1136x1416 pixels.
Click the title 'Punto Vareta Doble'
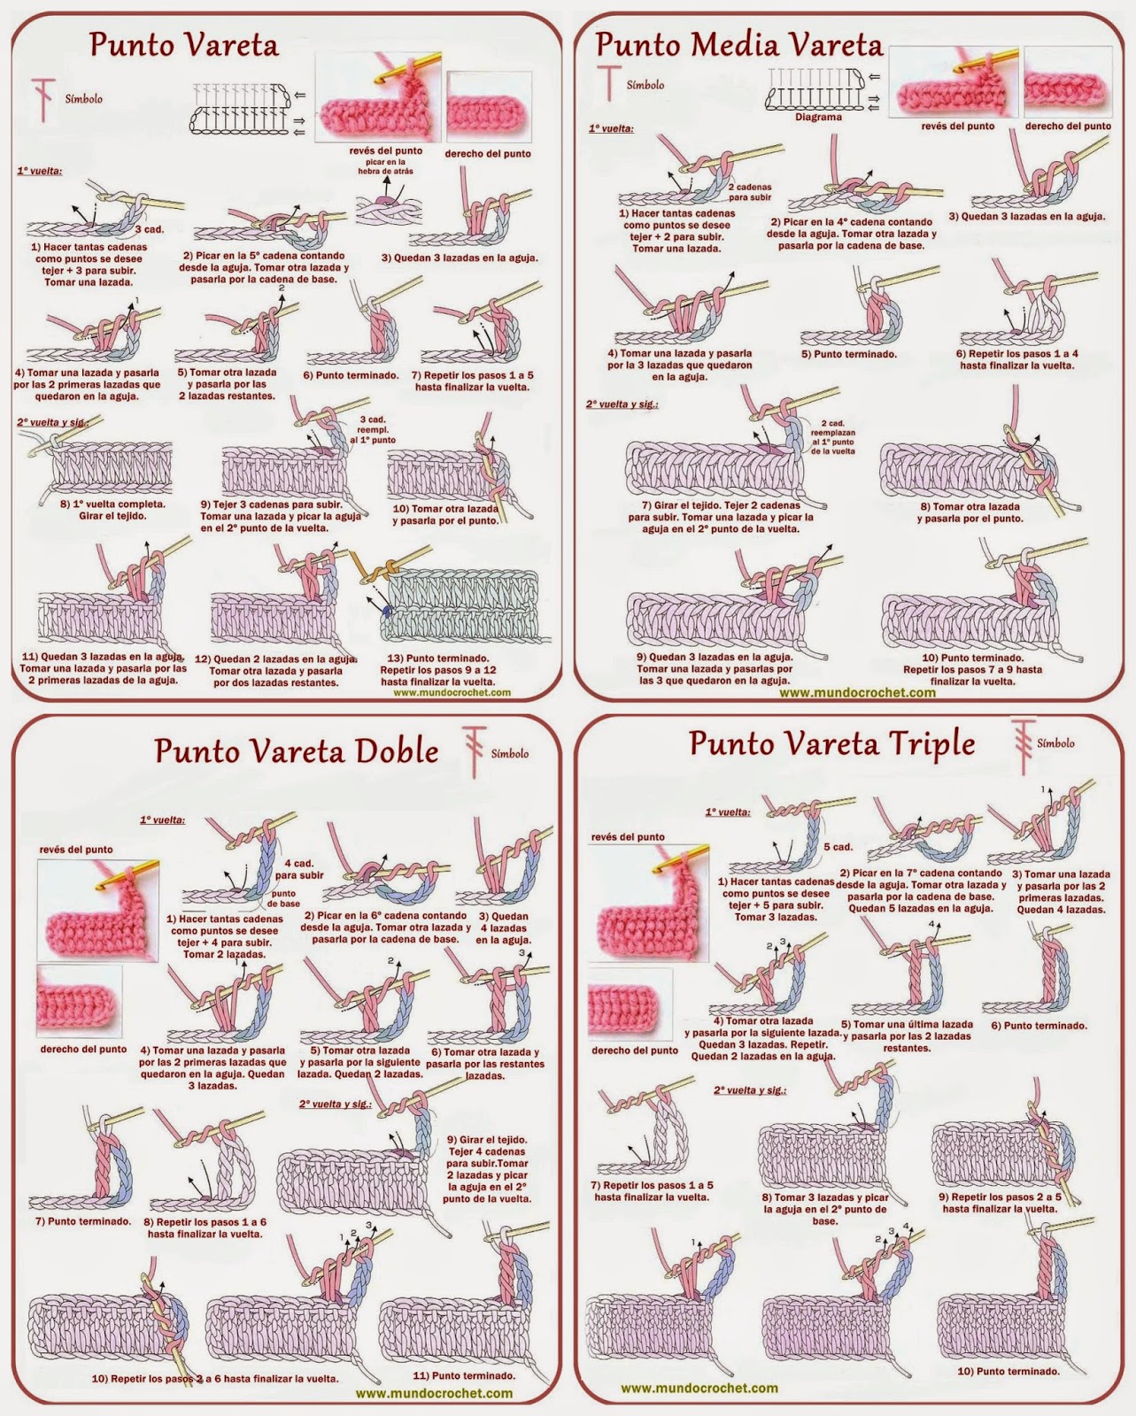tap(297, 751)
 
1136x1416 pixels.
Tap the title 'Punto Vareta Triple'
tap(831, 743)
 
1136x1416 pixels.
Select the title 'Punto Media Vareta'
tap(739, 45)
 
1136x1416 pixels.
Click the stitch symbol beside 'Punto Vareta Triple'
tap(1023, 747)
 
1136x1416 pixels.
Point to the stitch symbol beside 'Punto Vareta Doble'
tap(475, 752)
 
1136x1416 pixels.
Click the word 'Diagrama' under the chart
tap(818, 117)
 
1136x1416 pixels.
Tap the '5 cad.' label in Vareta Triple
tap(838, 847)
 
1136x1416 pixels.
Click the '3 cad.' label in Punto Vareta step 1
tap(150, 229)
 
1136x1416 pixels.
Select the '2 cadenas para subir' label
tap(749, 192)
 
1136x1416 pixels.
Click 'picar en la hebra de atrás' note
tap(385, 166)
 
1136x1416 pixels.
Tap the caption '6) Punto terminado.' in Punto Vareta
tap(351, 375)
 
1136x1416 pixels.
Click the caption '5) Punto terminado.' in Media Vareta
tap(849, 354)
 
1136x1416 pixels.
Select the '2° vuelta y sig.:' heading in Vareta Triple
tap(750, 1090)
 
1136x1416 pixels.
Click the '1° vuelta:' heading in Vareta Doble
tap(162, 820)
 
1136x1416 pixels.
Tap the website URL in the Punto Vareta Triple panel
tap(699, 1388)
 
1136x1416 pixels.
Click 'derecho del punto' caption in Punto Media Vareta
tap(1068, 126)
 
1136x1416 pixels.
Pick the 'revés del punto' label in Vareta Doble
tap(76, 850)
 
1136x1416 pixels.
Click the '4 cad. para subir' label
tap(299, 868)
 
